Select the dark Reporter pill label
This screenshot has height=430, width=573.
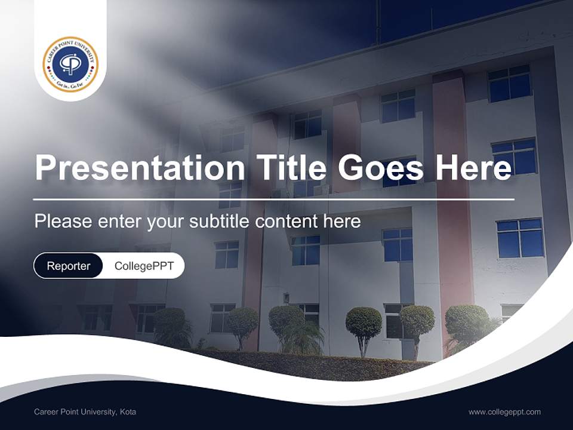[69, 266]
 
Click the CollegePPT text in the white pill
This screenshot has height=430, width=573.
[144, 266]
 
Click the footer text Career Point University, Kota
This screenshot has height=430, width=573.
[85, 412]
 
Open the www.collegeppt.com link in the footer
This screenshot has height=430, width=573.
[504, 412]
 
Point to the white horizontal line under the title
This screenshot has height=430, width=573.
[273, 199]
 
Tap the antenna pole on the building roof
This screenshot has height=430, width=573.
[377, 24]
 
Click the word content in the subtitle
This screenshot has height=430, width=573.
[287, 222]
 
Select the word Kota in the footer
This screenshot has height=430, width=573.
[128, 412]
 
